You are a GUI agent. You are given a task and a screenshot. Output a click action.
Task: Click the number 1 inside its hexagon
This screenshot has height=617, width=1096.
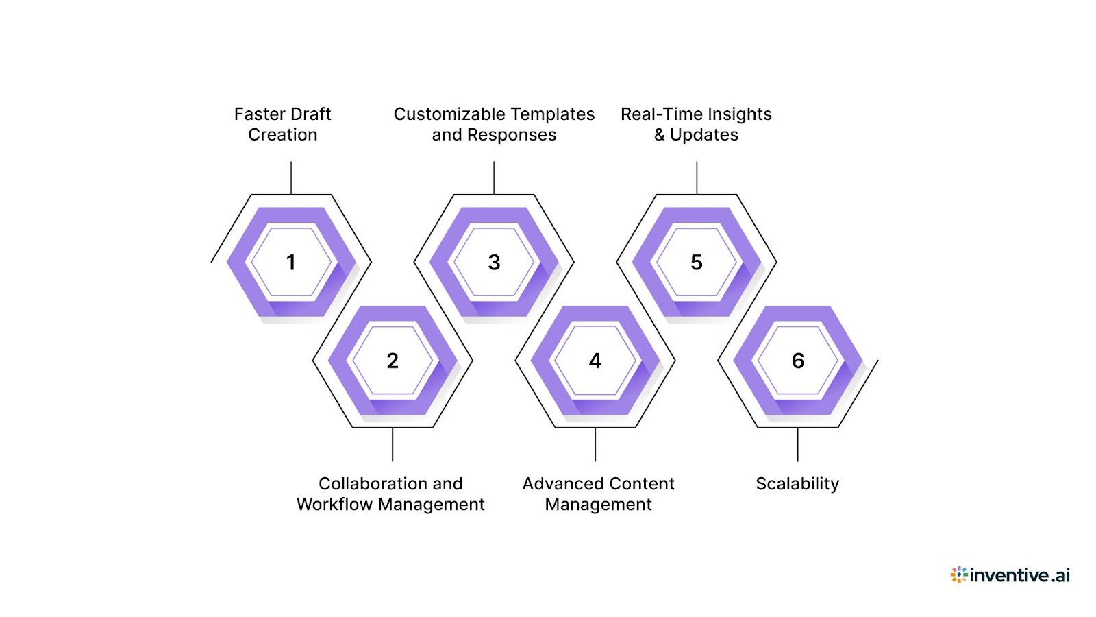(x=291, y=262)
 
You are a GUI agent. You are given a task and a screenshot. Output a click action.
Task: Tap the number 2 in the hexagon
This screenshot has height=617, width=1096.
(x=393, y=361)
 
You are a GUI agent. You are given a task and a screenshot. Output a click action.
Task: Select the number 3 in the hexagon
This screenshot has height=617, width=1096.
(x=494, y=262)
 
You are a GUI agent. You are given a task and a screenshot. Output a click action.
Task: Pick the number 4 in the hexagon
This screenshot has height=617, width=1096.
(x=595, y=361)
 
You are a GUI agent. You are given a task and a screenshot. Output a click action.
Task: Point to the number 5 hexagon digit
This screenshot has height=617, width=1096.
(x=697, y=262)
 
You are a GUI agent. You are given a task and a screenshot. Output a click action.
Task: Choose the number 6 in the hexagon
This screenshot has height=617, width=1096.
(x=798, y=361)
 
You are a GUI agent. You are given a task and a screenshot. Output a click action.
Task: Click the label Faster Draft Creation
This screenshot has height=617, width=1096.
(x=282, y=124)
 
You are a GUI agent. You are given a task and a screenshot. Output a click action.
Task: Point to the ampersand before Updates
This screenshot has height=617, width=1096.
(x=660, y=135)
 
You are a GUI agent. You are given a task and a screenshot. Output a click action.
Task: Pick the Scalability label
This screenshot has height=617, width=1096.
(x=797, y=483)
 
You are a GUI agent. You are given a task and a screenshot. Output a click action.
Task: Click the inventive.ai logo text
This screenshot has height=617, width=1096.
(x=1019, y=575)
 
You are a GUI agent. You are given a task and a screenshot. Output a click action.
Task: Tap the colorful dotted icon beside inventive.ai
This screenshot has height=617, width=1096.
(x=958, y=574)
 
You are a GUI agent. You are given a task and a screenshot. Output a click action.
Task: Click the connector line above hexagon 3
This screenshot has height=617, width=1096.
(x=494, y=178)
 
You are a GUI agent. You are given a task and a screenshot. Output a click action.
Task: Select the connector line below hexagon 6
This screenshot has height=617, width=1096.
(x=798, y=444)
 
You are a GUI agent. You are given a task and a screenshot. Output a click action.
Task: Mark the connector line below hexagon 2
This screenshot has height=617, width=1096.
(x=393, y=444)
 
